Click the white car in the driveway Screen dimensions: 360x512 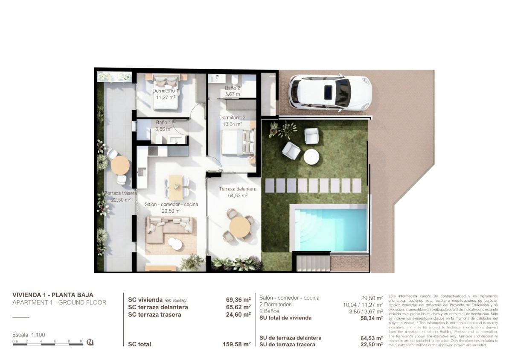coord(330,93)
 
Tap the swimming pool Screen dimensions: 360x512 coord(329,228)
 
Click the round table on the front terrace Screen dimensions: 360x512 coord(240,227)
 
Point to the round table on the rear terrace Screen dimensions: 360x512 coord(120,165)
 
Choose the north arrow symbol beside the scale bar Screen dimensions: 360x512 coord(90,342)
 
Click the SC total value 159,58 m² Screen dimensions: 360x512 coord(238,344)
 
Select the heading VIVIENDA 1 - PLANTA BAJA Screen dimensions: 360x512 coord(53,295)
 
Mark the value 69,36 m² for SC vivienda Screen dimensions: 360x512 coord(238,300)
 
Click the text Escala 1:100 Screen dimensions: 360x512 coord(29,335)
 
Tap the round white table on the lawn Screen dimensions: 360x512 coord(311,157)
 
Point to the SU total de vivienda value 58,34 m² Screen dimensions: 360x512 coord(371,318)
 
